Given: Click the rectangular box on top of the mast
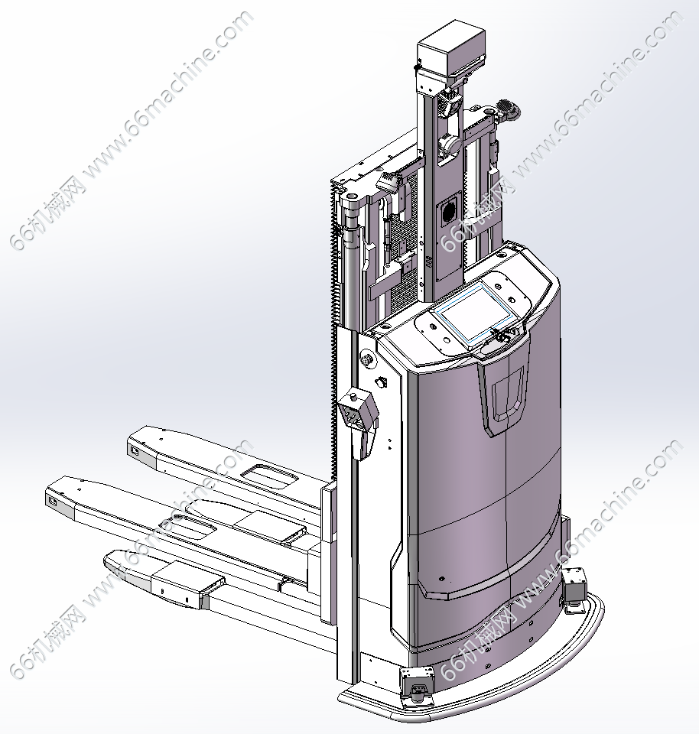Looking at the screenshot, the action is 451,49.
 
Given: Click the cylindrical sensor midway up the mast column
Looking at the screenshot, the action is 449,145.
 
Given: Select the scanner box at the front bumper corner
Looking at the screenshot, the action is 418,684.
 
